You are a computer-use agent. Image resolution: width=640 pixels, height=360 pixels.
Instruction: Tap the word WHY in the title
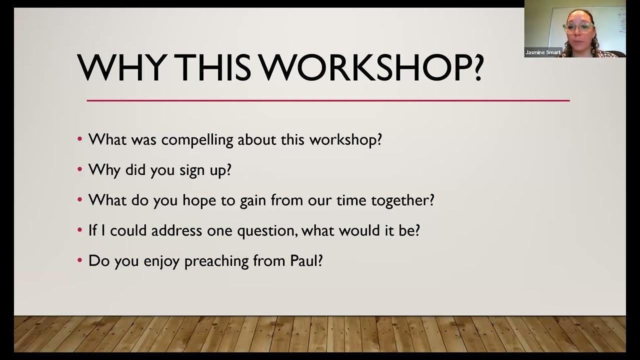tap(120, 67)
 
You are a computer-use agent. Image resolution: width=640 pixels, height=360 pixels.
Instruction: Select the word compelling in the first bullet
tap(197, 140)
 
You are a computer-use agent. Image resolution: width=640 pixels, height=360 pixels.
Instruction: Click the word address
tap(176, 230)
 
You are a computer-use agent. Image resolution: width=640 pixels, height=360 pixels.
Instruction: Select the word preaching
tap(216, 261)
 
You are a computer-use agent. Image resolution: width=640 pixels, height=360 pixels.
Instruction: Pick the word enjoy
tap(161, 261)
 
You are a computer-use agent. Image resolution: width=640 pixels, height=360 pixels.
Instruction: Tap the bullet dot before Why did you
tap(79, 169)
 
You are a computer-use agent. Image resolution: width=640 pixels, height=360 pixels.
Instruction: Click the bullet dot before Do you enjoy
tap(79, 260)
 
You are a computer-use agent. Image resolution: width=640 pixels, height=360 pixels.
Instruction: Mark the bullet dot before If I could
tap(79, 230)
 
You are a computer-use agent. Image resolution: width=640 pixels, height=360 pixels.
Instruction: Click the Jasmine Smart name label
tap(543, 52)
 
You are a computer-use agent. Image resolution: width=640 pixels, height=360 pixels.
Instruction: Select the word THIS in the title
tap(212, 67)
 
